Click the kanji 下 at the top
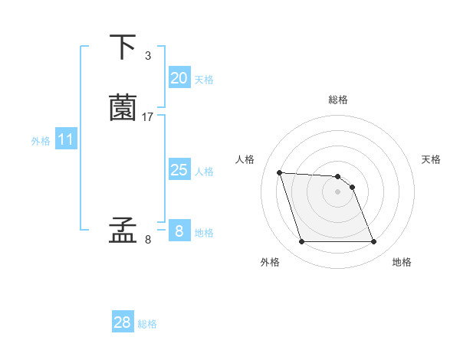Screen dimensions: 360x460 click(123, 47)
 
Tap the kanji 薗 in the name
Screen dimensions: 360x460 click(123, 108)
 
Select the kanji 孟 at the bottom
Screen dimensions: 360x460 click(123, 231)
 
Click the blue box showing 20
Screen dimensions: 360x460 click(179, 78)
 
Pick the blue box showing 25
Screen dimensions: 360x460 click(179, 170)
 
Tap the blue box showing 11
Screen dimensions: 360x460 click(65, 139)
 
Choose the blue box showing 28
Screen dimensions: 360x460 click(123, 323)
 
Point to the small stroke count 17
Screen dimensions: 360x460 click(148, 117)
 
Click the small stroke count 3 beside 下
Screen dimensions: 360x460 click(148, 56)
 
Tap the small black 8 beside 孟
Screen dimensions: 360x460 click(148, 240)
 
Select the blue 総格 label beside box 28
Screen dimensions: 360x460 click(147, 324)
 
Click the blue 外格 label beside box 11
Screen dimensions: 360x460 click(41, 141)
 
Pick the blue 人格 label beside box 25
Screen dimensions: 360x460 click(204, 172)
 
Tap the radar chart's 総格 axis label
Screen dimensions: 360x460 click(338, 100)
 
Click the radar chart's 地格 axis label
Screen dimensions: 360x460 click(402, 262)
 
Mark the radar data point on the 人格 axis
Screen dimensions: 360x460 click(280, 172)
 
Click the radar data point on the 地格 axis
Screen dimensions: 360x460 click(373, 242)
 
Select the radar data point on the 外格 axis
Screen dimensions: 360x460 click(301, 242)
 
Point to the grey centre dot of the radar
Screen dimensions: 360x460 click(337, 191)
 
